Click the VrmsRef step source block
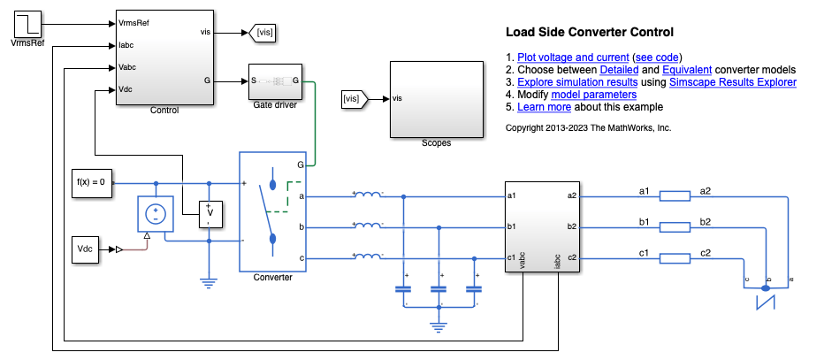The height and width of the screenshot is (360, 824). click(x=27, y=22)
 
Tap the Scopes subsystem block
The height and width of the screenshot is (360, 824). click(x=435, y=98)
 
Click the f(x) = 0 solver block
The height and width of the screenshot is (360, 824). click(x=90, y=183)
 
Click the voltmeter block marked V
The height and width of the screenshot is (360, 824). click(x=210, y=213)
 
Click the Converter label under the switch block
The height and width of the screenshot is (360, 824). click(x=272, y=278)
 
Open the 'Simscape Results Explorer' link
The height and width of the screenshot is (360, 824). click(x=732, y=81)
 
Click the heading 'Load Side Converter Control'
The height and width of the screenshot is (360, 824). click(x=590, y=32)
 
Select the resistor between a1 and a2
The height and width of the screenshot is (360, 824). click(x=675, y=195)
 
